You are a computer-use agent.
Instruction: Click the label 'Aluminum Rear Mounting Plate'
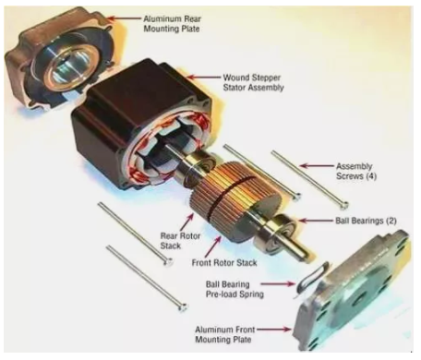coord(172,24)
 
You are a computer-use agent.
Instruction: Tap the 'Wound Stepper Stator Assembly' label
coord(253,82)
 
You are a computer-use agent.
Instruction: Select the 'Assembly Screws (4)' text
coord(356,171)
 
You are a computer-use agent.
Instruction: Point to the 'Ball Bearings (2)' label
coord(366,221)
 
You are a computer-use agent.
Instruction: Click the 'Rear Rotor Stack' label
coord(180,241)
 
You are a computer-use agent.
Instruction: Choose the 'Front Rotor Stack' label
coord(224,263)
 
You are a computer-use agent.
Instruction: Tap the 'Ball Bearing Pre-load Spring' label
coord(235,289)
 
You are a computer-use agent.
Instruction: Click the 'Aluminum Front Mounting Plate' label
coord(224,334)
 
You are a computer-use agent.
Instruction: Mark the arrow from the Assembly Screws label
coord(317,166)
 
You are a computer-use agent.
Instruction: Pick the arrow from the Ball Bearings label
coord(316,221)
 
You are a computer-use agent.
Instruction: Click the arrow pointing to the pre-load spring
coord(278,283)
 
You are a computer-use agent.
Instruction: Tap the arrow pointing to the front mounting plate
coord(273,330)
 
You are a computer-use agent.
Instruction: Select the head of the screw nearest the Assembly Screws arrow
coord(345,204)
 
